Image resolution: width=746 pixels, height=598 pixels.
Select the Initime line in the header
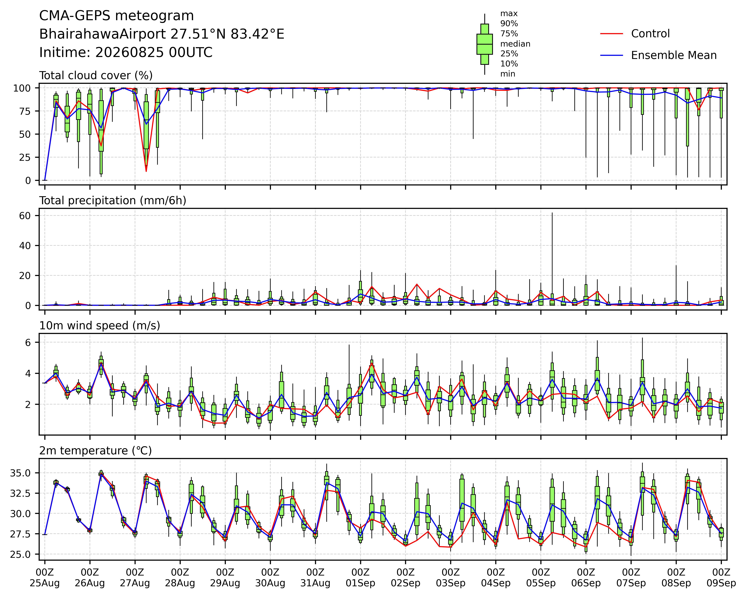(x=126, y=53)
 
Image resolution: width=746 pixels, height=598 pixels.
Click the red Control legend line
(x=611, y=34)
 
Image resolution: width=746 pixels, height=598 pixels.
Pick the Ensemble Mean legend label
(x=674, y=55)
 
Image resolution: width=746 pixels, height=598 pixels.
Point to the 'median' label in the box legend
(x=515, y=44)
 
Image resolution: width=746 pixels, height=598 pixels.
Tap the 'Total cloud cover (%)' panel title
(x=96, y=75)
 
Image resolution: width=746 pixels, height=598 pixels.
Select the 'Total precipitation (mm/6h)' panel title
(x=113, y=201)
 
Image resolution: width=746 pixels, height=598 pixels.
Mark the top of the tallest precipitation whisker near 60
(x=552, y=213)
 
